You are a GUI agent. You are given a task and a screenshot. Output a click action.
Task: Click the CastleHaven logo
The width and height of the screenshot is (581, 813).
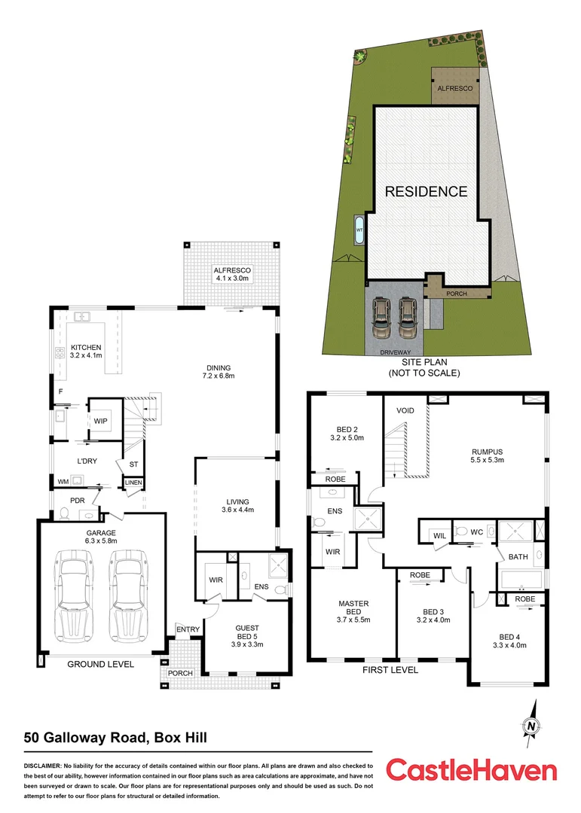pyautogui.click(x=471, y=770)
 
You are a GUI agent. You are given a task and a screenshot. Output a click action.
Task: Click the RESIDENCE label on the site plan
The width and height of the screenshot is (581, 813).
pyautogui.click(x=426, y=191)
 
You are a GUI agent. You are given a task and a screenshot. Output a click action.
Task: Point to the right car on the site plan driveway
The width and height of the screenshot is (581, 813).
pyautogui.click(x=407, y=319)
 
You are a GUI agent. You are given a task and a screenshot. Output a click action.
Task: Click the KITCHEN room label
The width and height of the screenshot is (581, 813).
pyautogui.click(x=87, y=348)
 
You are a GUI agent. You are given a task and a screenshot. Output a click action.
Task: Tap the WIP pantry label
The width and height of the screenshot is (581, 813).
pyautogui.click(x=100, y=422)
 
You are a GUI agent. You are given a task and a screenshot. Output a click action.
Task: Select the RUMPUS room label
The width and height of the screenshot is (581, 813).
pyautogui.click(x=488, y=452)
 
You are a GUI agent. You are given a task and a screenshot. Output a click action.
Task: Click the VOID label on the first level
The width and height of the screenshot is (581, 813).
pyautogui.click(x=405, y=412)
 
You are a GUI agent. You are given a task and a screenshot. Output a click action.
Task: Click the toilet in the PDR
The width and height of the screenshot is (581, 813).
pyautogui.click(x=65, y=514)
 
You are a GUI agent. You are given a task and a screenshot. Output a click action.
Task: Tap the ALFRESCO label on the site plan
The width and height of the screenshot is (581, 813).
pyautogui.click(x=456, y=89)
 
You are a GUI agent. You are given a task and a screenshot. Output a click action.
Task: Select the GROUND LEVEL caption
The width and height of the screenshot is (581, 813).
pyautogui.click(x=100, y=665)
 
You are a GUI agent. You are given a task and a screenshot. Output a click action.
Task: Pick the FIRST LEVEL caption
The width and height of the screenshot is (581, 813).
pyautogui.click(x=390, y=669)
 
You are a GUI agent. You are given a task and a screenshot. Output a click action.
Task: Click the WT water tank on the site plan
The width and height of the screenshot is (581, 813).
pyautogui.click(x=359, y=230)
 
